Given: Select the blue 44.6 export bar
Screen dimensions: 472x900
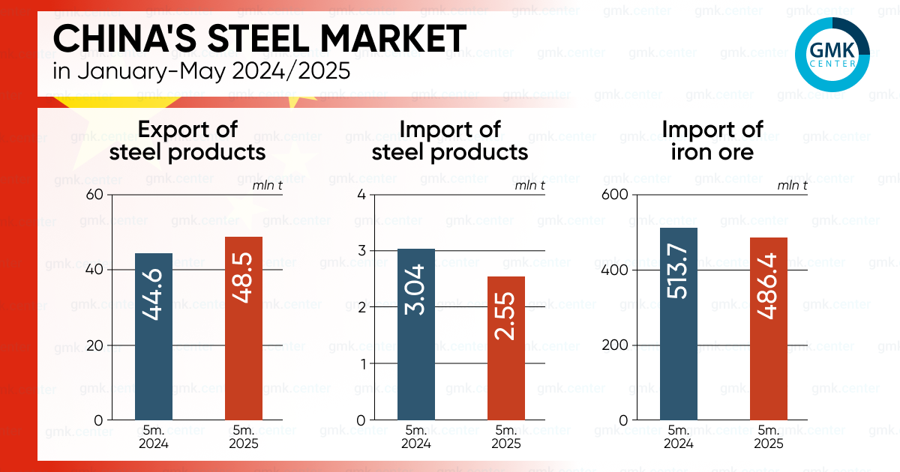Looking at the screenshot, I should coord(154,336).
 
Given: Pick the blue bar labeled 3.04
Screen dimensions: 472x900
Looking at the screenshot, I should coord(416,334).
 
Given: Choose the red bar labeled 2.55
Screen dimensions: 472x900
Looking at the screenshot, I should coord(506,348).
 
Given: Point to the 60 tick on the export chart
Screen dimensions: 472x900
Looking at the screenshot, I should coord(95,195).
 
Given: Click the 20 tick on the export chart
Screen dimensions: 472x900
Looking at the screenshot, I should coord(95,345).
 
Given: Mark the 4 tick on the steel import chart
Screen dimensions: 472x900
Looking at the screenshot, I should coord(361,195).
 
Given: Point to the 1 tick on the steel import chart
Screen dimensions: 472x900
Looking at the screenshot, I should coord(361,364).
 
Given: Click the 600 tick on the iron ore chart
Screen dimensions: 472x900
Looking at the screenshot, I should coord(614,195).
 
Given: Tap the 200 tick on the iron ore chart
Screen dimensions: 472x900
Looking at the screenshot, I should coord(614,345).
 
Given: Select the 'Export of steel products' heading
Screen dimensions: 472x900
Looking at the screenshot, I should coord(187,140).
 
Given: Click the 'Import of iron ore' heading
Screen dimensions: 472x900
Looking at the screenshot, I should coord(712,140).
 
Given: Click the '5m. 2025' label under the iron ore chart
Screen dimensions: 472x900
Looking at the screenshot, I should coord(769,437).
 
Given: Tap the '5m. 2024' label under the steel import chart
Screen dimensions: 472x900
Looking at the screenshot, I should coord(416,437).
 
